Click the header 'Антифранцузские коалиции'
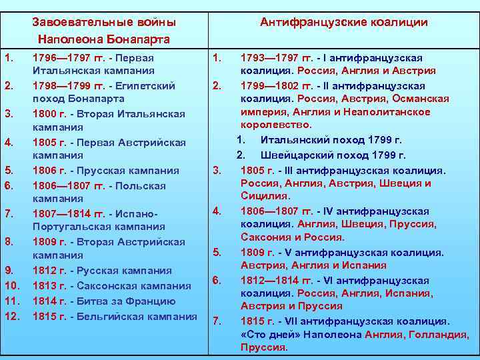(343, 23)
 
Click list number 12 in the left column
(11, 316)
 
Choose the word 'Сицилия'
(264, 196)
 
